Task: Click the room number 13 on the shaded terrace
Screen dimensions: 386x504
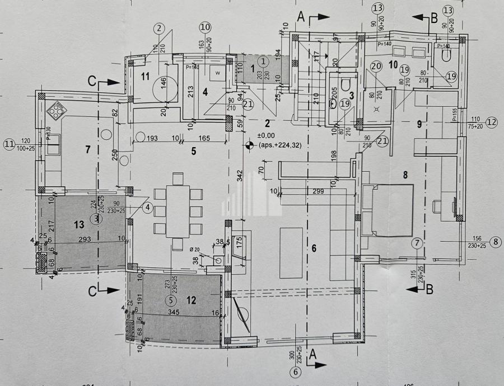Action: tap(79, 224)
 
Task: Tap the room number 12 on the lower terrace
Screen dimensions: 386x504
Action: tap(192, 300)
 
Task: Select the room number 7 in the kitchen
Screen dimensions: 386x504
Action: tap(87, 149)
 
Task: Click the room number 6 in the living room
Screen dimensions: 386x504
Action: tap(314, 248)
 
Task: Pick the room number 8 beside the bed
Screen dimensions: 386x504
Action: tap(405, 175)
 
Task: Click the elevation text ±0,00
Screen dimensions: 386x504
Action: tap(266, 135)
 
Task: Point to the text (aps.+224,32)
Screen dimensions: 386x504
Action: tap(280, 145)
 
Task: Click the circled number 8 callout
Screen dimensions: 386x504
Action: tap(496, 242)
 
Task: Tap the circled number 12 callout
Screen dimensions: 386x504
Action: tap(491, 121)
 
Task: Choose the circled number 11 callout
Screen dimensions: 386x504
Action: tap(9, 144)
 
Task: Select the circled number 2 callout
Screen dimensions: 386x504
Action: tap(160, 27)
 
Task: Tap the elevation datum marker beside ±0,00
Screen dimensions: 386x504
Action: tap(249, 145)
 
